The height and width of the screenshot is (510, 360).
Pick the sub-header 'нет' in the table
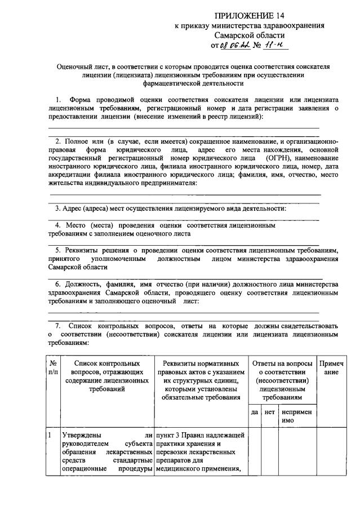click(269, 413)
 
